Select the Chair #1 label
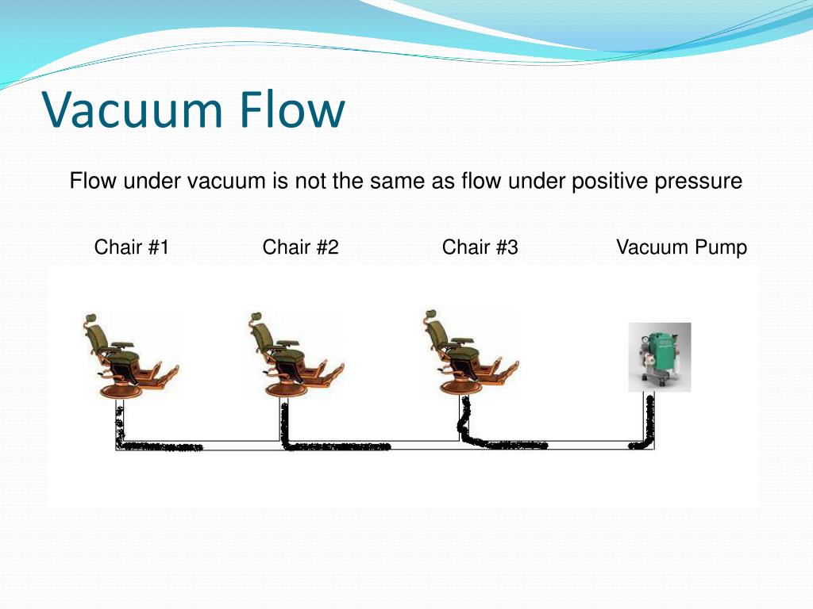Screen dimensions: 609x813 point(132,247)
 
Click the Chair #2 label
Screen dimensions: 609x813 point(301,247)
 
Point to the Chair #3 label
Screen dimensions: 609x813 point(480,247)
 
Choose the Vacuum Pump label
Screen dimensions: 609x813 point(681,247)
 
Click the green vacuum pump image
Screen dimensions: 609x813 point(660,357)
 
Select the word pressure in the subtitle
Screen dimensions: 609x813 point(698,182)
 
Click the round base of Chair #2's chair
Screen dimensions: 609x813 point(283,389)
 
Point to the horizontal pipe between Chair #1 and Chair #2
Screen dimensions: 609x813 point(198,445)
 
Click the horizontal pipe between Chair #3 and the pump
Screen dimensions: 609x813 point(556,445)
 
